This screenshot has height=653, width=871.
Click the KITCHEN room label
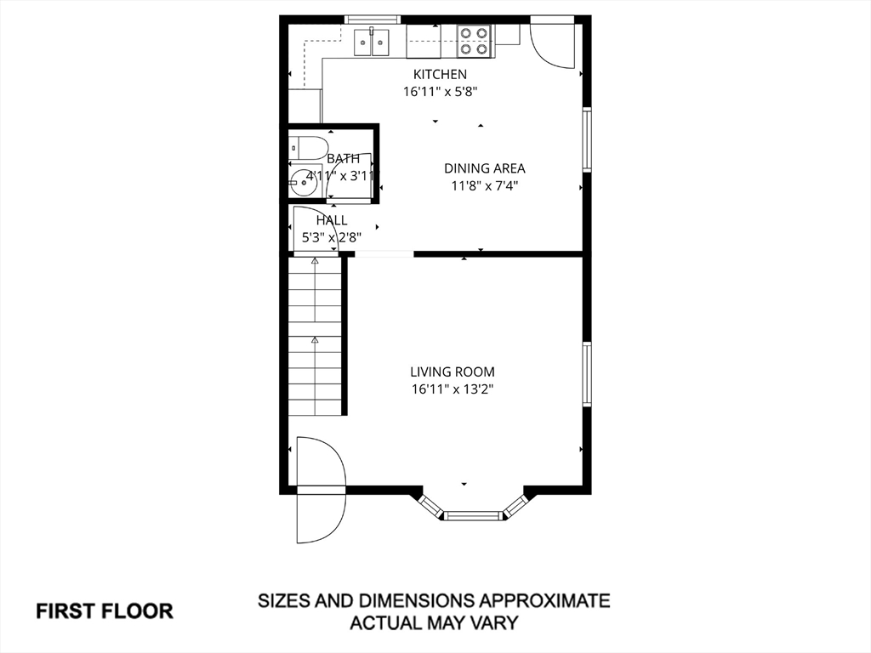click(440, 74)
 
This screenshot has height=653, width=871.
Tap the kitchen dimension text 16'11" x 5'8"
click(440, 92)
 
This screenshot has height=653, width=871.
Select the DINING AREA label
click(484, 168)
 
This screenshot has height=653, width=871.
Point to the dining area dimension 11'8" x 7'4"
click(484, 185)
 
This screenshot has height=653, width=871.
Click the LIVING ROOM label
click(453, 372)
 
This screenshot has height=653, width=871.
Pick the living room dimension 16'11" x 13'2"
click(453, 389)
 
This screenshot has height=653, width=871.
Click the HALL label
click(332, 220)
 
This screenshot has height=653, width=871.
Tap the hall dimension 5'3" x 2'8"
click(332, 238)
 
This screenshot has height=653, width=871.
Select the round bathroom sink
click(303, 182)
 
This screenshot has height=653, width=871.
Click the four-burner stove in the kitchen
click(474, 41)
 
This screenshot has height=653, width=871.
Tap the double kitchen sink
click(373, 42)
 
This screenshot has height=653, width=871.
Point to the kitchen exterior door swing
click(552, 46)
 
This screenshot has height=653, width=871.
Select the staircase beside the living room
click(315, 335)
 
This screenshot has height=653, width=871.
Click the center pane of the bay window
click(473, 516)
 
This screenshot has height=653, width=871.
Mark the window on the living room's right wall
click(587, 374)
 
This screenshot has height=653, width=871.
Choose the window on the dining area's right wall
click(587, 139)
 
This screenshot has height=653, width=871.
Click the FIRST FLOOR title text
click(105, 610)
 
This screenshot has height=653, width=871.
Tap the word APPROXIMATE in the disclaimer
click(544, 600)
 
